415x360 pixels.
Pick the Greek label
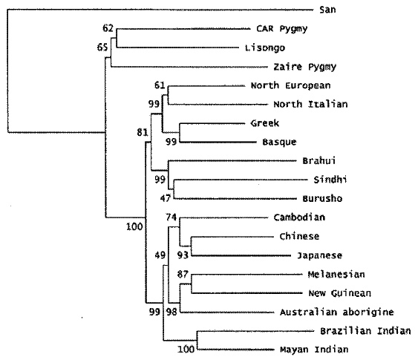(265, 123)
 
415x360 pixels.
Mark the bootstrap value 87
(183, 275)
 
